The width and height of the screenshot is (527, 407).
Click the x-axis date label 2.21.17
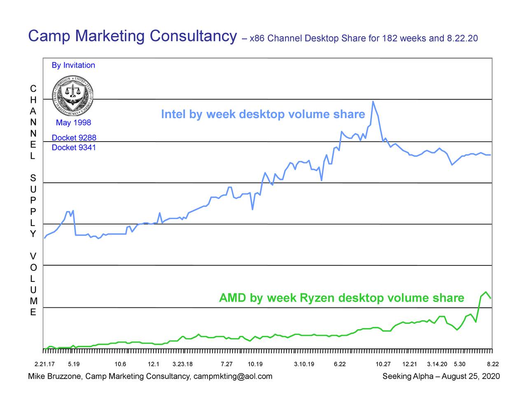pos(44,364)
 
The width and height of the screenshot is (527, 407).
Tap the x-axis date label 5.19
pos(74,364)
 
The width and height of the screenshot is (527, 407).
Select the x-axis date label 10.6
pos(120,364)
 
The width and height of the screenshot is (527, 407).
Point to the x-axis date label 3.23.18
pos(182,364)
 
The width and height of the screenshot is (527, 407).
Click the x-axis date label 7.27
pos(226,364)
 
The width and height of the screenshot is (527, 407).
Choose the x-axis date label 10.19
pos(255,364)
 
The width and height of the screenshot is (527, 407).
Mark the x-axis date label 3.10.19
pos(304,364)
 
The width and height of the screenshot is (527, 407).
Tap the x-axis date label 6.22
pos(340,364)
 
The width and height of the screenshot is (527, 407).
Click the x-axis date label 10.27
pos(383,364)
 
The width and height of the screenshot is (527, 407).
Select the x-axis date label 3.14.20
pos(437,364)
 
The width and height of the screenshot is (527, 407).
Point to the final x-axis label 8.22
pos(493,364)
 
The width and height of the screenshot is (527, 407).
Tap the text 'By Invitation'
pos(73,65)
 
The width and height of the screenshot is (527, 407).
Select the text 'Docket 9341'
pos(74,147)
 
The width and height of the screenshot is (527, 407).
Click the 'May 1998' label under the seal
pos(73,123)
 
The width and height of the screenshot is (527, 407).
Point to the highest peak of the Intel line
pos(373,102)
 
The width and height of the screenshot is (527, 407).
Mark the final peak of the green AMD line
pos(486,292)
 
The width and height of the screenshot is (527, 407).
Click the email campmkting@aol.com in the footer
pos(233,376)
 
